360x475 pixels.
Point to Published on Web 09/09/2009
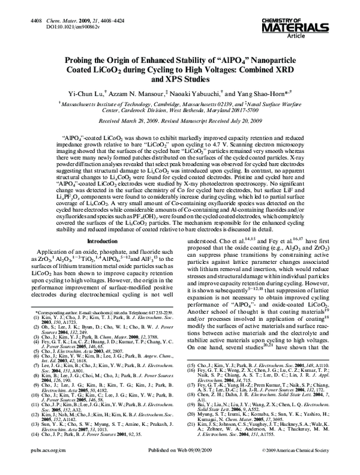click(179, 464)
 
